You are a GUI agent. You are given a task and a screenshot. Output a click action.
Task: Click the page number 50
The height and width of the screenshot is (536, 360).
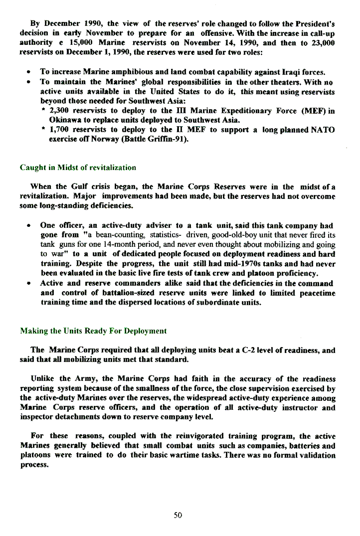click(x=178, y=515)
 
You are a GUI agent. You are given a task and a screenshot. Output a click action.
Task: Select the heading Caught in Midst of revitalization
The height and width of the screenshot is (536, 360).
click(x=78, y=168)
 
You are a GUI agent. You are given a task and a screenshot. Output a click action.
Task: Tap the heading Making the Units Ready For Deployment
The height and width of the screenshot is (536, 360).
click(x=93, y=331)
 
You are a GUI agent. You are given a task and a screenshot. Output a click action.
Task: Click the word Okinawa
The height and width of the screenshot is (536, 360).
click(x=64, y=120)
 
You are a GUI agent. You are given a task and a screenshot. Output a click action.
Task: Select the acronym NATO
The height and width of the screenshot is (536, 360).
click(x=323, y=130)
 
